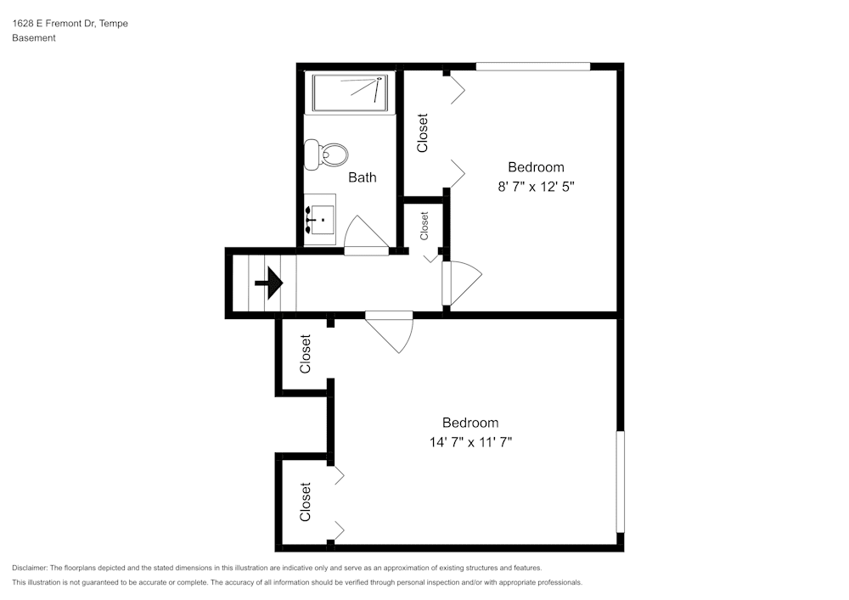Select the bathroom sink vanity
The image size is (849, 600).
pos(320,220)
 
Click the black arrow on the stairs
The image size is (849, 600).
pos(270,283)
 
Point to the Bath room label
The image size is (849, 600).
pos(363,177)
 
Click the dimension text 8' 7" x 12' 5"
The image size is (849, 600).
pos(542,187)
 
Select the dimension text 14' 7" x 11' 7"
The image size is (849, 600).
pos(470,442)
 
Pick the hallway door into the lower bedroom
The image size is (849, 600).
pos(391,329)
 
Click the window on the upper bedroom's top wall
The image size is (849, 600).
pos(533,66)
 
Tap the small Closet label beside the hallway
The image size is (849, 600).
pos(424,226)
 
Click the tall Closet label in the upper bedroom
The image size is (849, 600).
pos(423,133)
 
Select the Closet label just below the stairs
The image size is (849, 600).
pos(306,354)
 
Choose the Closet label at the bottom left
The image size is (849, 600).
pos(306,502)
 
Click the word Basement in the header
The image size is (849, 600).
pos(34,38)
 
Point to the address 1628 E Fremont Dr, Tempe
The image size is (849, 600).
pos(70,24)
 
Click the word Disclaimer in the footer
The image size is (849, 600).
pos(30,568)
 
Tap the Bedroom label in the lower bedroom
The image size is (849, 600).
pos(470,423)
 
